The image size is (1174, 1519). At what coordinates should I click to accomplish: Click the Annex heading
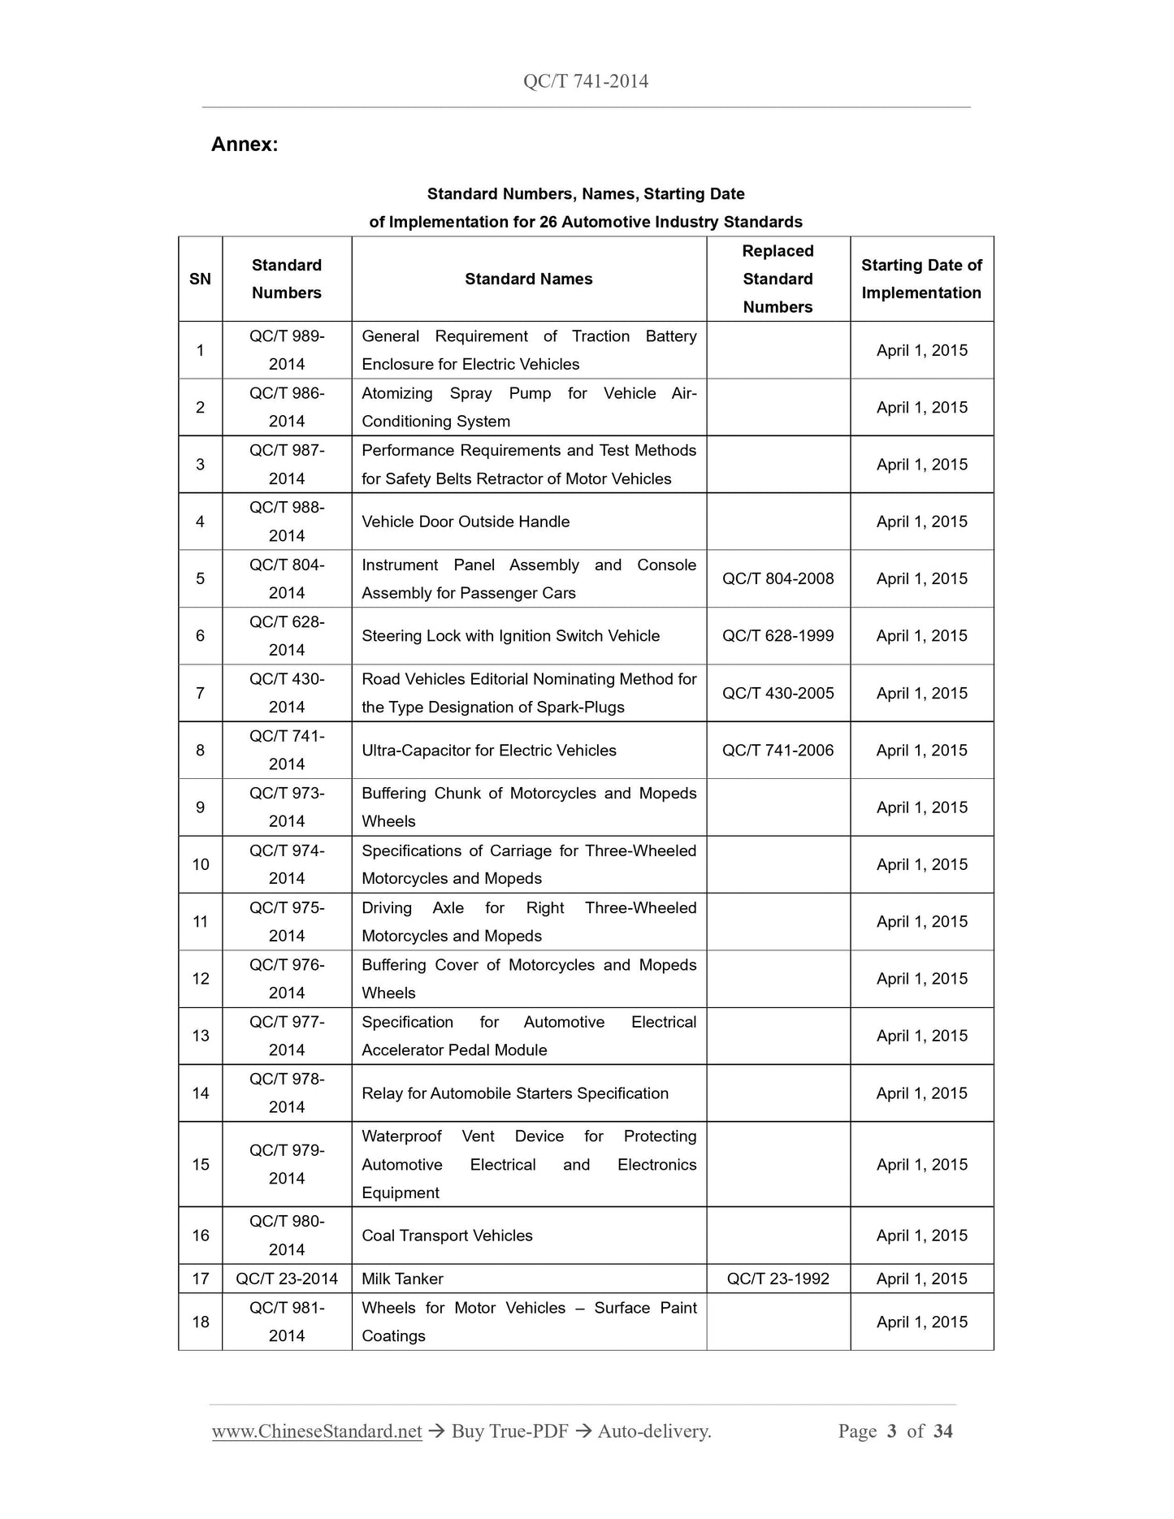point(245,145)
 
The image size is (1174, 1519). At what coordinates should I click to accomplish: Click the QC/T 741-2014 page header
point(586,80)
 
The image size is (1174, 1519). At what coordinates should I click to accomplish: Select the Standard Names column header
point(528,279)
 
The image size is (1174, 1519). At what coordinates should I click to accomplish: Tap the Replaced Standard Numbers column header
point(778,279)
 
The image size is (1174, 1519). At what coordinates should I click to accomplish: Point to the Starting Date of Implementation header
point(921,279)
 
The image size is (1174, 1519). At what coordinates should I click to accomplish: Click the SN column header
point(200,279)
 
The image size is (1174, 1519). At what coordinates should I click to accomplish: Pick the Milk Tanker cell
point(402,1279)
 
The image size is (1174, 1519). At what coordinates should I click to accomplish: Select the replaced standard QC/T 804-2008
point(778,578)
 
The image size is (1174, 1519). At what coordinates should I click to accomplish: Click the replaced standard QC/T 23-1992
point(778,1279)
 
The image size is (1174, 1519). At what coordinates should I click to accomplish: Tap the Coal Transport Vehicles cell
point(447,1236)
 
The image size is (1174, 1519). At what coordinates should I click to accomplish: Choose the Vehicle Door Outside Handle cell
point(466,521)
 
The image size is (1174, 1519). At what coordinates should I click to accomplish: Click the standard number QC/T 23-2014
point(287,1279)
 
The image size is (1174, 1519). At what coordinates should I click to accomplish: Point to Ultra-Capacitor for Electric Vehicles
point(488,751)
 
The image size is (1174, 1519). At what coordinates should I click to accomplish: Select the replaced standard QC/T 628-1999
point(778,636)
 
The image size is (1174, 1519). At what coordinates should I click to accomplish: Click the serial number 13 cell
point(200,1036)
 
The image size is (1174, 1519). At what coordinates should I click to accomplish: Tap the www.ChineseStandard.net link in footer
point(317,1431)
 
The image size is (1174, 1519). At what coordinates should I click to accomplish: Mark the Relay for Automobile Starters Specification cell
point(515,1093)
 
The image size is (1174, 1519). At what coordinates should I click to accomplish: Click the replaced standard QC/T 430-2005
point(778,693)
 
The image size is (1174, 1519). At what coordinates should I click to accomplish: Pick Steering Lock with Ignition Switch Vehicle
point(510,636)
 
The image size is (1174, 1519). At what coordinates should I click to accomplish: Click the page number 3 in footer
point(891,1431)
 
